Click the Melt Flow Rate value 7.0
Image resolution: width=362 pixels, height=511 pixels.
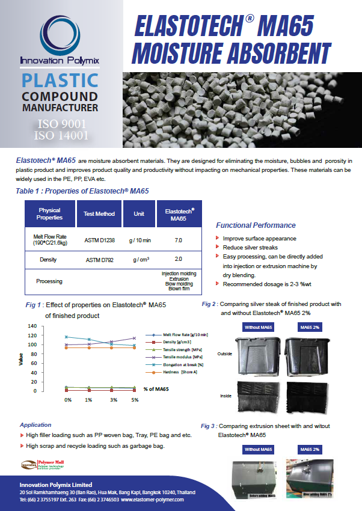point(178,240)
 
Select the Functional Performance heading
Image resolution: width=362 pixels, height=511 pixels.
point(256,225)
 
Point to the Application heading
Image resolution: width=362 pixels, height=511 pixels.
point(35,424)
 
